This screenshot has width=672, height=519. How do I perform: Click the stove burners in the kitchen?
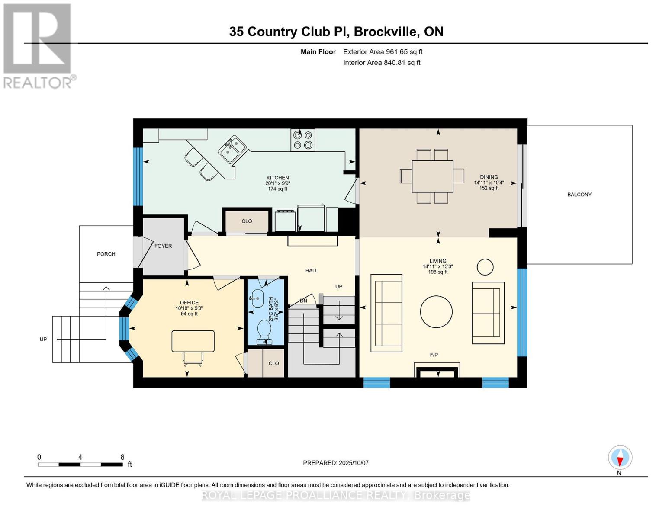[302, 140]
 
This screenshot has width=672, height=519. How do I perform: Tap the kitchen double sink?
[232, 149]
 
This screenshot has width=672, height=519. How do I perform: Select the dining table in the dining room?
[432, 176]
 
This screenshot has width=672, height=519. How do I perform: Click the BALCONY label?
[579, 195]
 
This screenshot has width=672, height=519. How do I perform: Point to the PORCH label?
[106, 254]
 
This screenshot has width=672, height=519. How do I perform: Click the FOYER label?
[163, 246]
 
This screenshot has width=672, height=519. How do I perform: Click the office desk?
[193, 341]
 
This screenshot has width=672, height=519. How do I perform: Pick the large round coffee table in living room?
[436, 311]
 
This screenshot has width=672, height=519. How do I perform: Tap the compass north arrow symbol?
[620, 458]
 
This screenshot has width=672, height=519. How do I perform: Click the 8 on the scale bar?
[122, 457]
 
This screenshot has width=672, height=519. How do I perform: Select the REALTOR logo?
[38, 45]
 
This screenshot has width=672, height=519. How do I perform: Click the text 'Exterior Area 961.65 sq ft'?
[383, 52]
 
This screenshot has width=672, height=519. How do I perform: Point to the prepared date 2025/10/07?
[354, 463]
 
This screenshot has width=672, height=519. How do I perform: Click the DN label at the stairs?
[303, 301]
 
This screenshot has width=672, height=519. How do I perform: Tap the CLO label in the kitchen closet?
[247, 221]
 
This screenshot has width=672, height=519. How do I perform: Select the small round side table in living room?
[485, 267]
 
